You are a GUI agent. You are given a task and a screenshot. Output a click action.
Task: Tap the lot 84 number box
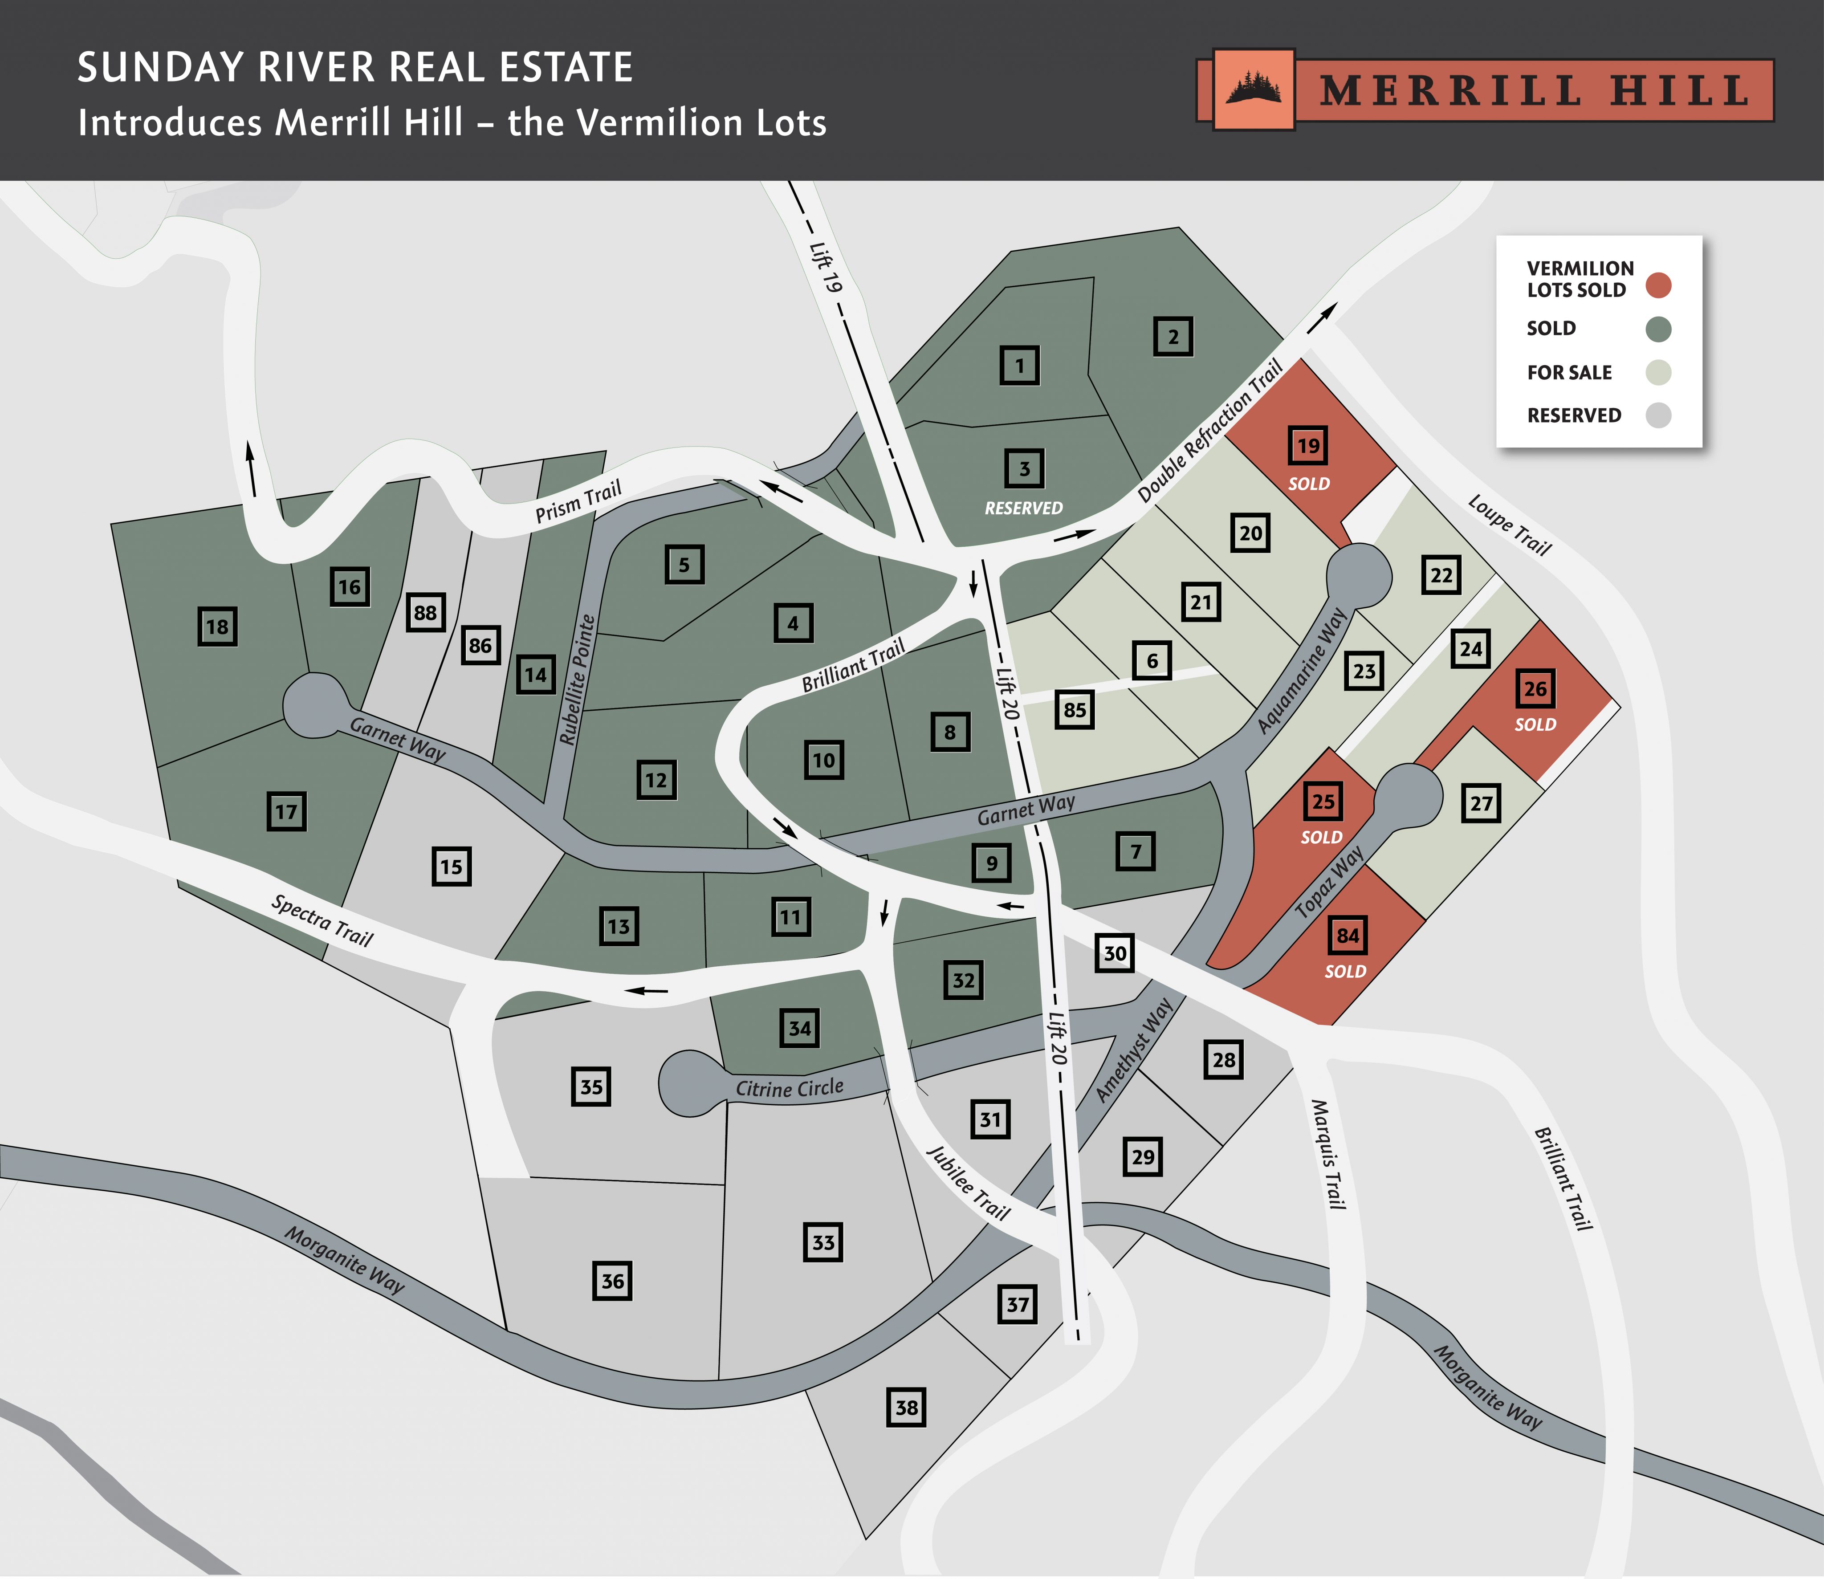(1347, 935)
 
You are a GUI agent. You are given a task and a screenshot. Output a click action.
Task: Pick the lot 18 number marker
(217, 627)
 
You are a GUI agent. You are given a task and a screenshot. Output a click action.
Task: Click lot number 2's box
(1173, 337)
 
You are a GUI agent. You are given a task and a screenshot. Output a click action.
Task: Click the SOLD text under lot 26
(1535, 724)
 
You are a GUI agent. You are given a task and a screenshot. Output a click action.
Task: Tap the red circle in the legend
(1658, 285)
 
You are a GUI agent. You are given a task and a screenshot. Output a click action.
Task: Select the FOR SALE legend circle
(1658, 372)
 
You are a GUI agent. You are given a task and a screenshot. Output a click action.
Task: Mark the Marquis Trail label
(1329, 1154)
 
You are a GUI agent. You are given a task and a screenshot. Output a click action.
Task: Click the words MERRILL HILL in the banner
(1533, 91)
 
